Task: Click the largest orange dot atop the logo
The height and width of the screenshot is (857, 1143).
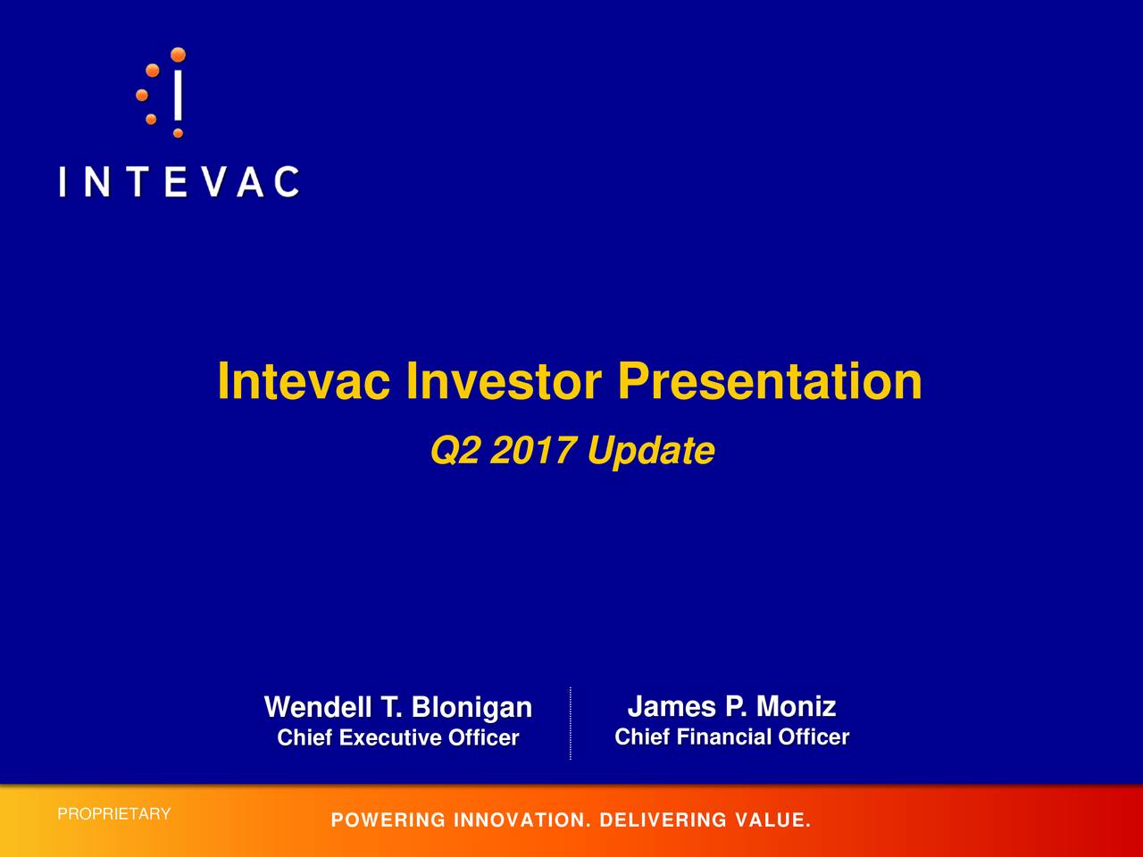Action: [178, 54]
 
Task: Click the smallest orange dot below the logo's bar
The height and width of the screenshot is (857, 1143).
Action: [178, 133]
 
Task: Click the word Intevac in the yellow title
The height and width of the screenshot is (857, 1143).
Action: [304, 382]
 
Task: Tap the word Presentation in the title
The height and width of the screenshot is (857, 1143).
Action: [770, 382]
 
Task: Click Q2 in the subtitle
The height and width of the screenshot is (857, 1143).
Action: [455, 452]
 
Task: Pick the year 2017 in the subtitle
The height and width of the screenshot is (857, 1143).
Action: [533, 452]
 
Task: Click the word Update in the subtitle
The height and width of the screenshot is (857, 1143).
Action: [650, 452]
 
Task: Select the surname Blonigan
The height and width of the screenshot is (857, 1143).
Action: [471, 708]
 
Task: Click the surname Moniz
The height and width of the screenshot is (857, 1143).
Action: [796, 707]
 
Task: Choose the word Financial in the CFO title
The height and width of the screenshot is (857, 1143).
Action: [724, 737]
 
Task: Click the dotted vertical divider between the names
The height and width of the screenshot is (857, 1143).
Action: [570, 723]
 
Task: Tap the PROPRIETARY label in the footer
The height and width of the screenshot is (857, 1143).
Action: [113, 814]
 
